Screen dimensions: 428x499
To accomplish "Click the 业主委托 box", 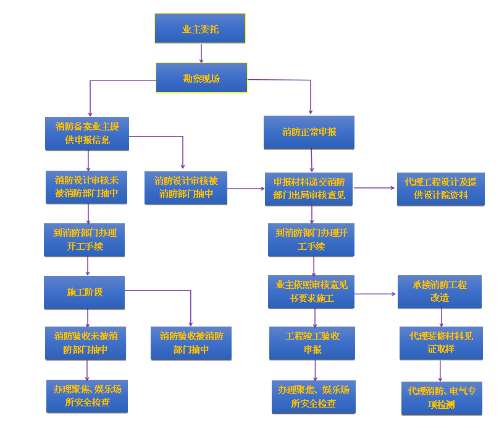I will pyautogui.click(x=199, y=28).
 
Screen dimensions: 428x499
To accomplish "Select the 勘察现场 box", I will pyautogui.click(x=201, y=78).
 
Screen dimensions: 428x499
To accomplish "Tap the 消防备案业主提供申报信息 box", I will pyautogui.click(x=87, y=133).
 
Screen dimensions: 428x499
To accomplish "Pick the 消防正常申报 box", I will pyautogui.click(x=309, y=132).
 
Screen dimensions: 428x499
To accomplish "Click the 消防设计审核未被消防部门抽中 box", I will pyautogui.click(x=86, y=187).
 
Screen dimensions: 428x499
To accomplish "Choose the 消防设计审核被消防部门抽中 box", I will pyautogui.click(x=186, y=187).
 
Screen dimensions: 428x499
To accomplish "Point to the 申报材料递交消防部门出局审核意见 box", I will pyautogui.click(x=309, y=189).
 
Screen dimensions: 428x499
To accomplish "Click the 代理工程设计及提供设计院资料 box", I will pyautogui.click(x=440, y=189).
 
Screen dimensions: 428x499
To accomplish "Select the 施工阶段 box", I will pyautogui.click(x=84, y=292).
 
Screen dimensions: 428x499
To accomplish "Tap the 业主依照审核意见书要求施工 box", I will pyautogui.click(x=311, y=292).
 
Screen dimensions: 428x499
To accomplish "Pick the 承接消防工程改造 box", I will pyautogui.click(x=440, y=291).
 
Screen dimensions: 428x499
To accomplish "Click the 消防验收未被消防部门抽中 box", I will pyautogui.click(x=86, y=343).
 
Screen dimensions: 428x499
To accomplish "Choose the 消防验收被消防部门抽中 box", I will pyautogui.click(x=191, y=343).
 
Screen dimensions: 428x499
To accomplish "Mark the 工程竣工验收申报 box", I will pyautogui.click(x=312, y=343).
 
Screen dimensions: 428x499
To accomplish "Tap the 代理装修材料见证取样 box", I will pyautogui.click(x=441, y=343).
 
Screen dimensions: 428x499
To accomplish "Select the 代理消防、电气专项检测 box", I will pyautogui.click(x=441, y=398).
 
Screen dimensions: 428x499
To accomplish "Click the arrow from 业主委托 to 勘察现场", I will pyautogui.click(x=201, y=53).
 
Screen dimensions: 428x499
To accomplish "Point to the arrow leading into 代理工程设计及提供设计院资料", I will pyautogui.click(x=375, y=188).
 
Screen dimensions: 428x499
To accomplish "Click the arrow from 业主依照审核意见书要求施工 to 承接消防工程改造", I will pyautogui.click(x=375, y=293).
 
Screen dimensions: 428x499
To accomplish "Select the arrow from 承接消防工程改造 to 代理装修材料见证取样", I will pyautogui.click(x=441, y=317).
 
